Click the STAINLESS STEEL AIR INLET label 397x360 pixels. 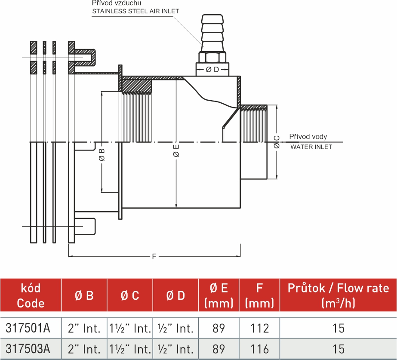(x=135, y=11)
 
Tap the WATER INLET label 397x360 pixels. (x=311, y=147)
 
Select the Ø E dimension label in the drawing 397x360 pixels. (x=176, y=152)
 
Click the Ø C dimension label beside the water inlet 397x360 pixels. (x=277, y=142)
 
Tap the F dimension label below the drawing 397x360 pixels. (x=154, y=257)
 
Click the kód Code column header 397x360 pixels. (x=31, y=295)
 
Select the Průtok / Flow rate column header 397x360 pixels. (x=338, y=295)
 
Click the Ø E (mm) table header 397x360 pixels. (x=219, y=295)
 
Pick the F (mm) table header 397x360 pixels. (x=259, y=295)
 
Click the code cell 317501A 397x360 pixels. (x=28, y=329)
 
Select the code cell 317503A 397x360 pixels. (x=28, y=349)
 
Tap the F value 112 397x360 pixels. (x=259, y=329)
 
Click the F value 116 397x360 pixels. (x=259, y=349)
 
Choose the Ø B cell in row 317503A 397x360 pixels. (x=84, y=349)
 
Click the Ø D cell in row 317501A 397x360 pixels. (x=175, y=329)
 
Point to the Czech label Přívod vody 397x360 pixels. (x=308, y=137)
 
